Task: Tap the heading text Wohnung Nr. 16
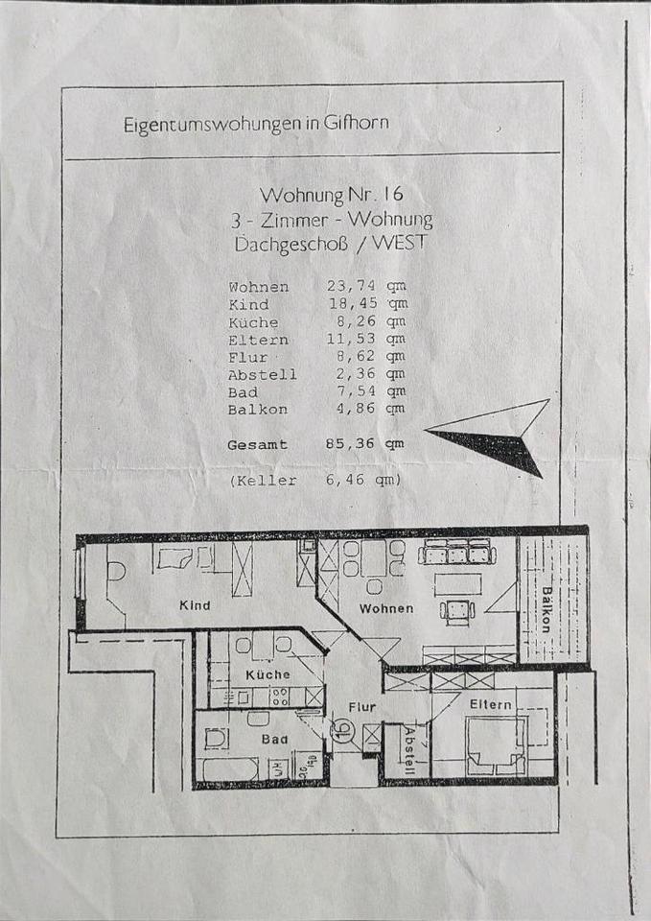(332, 194)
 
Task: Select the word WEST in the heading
(399, 243)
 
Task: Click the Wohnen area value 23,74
(352, 286)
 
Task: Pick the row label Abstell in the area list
(263, 374)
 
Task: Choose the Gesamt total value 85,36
(350, 443)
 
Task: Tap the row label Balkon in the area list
(258, 409)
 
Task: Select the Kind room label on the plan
(195, 605)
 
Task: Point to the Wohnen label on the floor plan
(386, 608)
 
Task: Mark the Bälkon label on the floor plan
(546, 610)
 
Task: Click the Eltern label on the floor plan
(491, 703)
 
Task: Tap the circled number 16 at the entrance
(345, 731)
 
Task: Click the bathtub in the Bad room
(231, 768)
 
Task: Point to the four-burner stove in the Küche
(279, 697)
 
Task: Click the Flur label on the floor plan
(361, 707)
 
